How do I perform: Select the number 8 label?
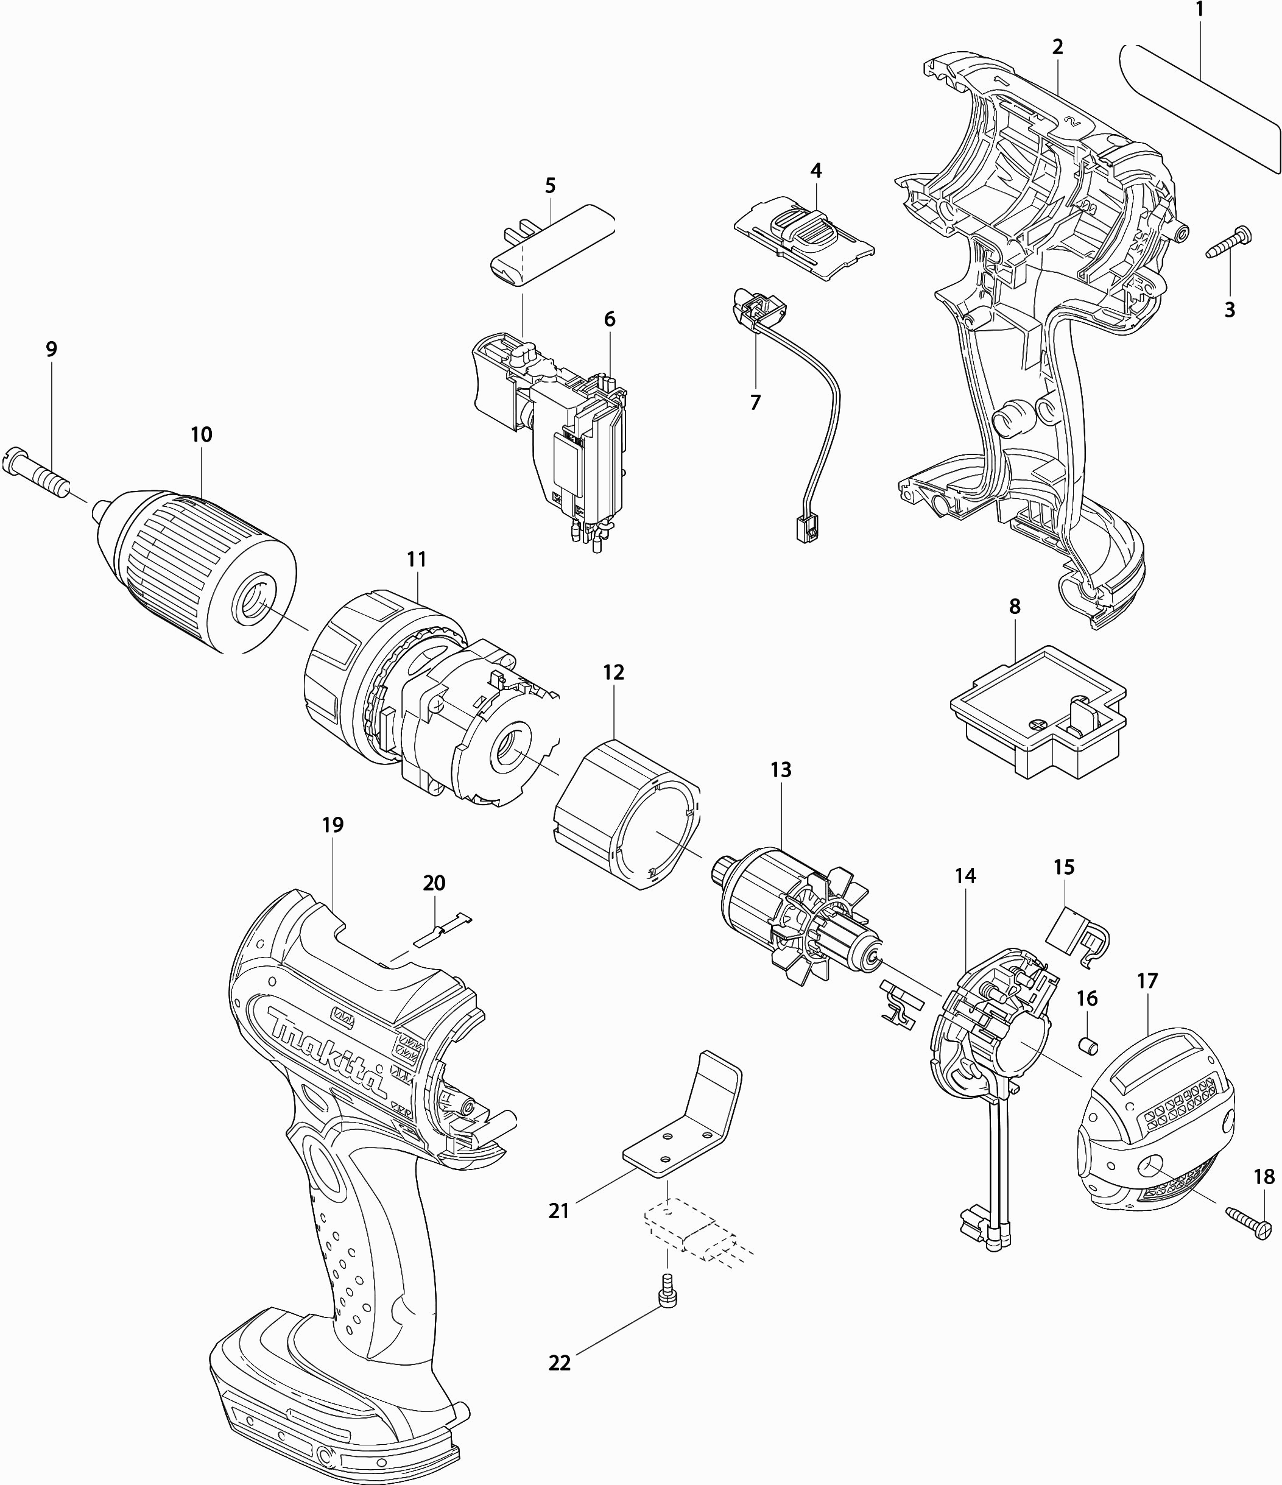1015,606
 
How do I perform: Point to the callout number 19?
333,825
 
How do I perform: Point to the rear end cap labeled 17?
1155,1126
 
